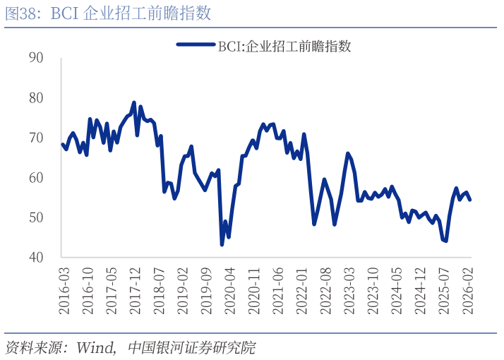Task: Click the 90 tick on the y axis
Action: click(36, 58)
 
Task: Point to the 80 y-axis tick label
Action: click(36, 98)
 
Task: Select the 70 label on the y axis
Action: click(36, 138)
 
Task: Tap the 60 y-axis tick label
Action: click(36, 178)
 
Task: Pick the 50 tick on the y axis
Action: click(36, 217)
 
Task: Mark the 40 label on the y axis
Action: click(36, 258)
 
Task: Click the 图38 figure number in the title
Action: click(23, 13)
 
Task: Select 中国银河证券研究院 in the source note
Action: click(192, 347)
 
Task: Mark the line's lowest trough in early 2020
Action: click(222, 244)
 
